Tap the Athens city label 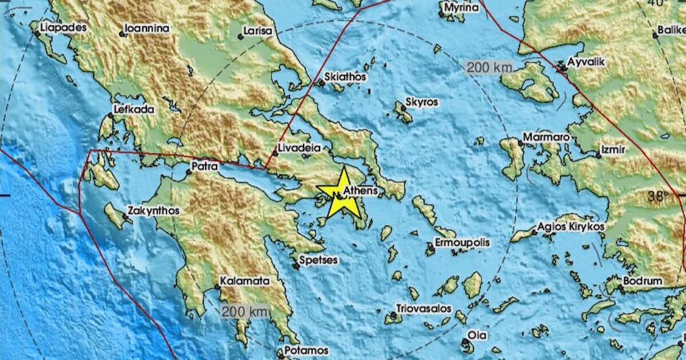360,190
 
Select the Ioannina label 147,28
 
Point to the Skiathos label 345,77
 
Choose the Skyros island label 421,102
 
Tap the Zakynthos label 153,211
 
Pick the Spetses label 320,261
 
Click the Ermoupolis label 462,243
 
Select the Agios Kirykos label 571,227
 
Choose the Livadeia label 297,147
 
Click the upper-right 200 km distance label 489,68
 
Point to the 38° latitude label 657,197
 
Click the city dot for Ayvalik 563,69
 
